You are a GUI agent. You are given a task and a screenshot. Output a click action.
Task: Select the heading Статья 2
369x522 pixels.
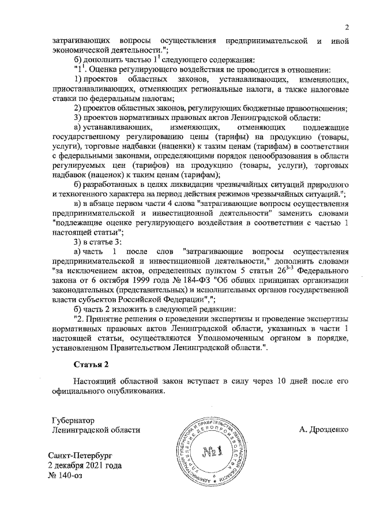pyautogui.click(x=91, y=365)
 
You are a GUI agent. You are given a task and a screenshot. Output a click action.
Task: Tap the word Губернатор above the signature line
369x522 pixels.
pyautogui.click(x=73, y=420)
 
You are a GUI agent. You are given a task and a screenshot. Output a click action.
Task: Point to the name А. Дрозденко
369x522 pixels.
pyautogui.click(x=324, y=430)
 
